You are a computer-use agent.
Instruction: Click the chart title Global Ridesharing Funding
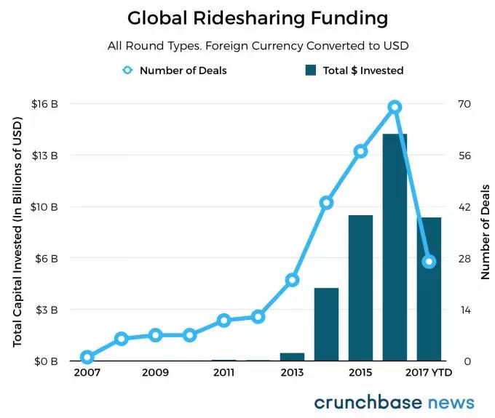(247, 17)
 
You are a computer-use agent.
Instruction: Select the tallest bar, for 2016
(395, 247)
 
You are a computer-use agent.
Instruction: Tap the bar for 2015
(360, 288)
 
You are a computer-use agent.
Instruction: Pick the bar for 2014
(326, 324)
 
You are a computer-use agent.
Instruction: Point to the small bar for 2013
(292, 357)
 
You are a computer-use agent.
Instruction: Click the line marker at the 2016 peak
(395, 107)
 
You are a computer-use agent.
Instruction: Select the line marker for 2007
(87, 357)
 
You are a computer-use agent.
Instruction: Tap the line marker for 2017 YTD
(429, 261)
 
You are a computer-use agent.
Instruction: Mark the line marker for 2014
(326, 203)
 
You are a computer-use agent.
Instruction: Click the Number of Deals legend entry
(175, 71)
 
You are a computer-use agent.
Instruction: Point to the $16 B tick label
(44, 104)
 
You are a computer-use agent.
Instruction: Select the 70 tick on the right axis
(464, 104)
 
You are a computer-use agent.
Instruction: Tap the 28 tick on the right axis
(464, 258)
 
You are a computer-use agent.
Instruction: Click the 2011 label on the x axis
(223, 372)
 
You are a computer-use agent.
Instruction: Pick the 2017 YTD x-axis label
(429, 372)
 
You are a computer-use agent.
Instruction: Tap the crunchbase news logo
(394, 402)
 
